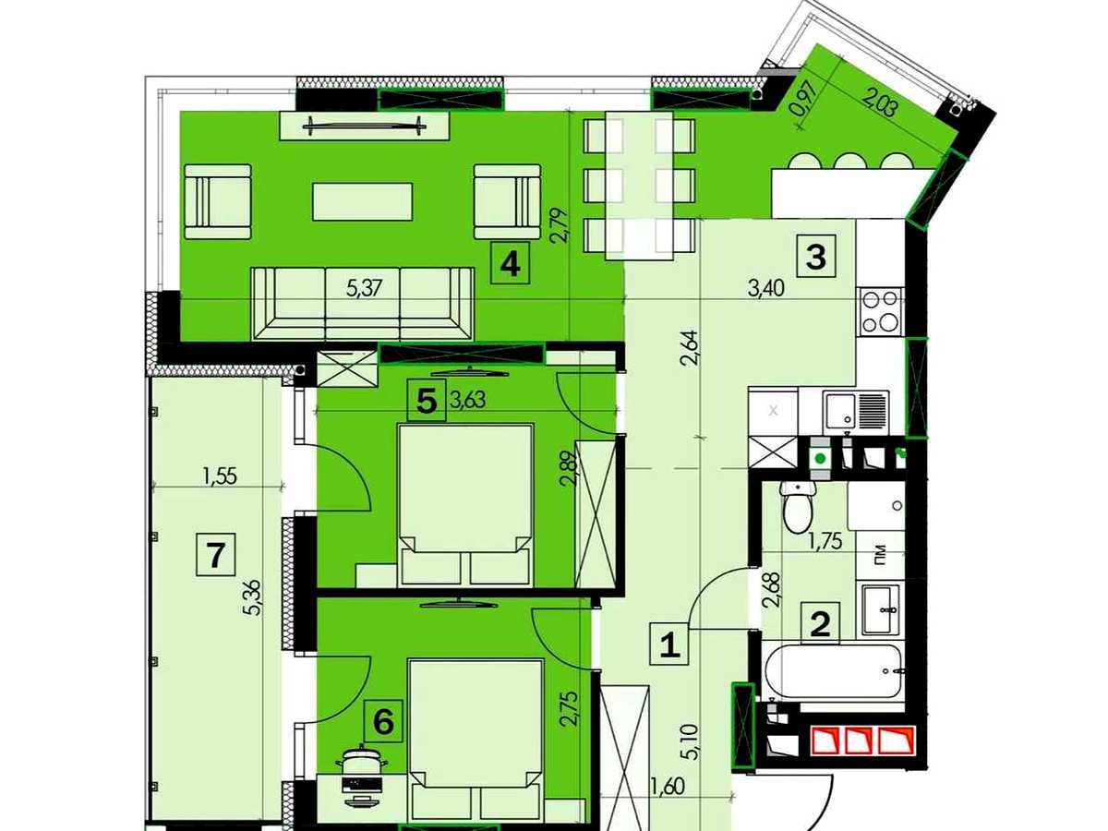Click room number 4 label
point(511,262)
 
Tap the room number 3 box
point(816,256)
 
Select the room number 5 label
point(427,401)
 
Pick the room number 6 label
point(383,722)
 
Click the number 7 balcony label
point(215,554)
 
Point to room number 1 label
point(669,644)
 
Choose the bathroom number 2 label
point(820,623)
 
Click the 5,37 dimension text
point(363,289)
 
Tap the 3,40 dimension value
point(765,289)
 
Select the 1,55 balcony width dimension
point(220,476)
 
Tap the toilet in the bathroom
point(797,506)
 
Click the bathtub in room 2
point(834,670)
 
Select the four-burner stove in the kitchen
point(879,312)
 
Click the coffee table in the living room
point(363,201)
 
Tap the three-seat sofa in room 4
point(363,304)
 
